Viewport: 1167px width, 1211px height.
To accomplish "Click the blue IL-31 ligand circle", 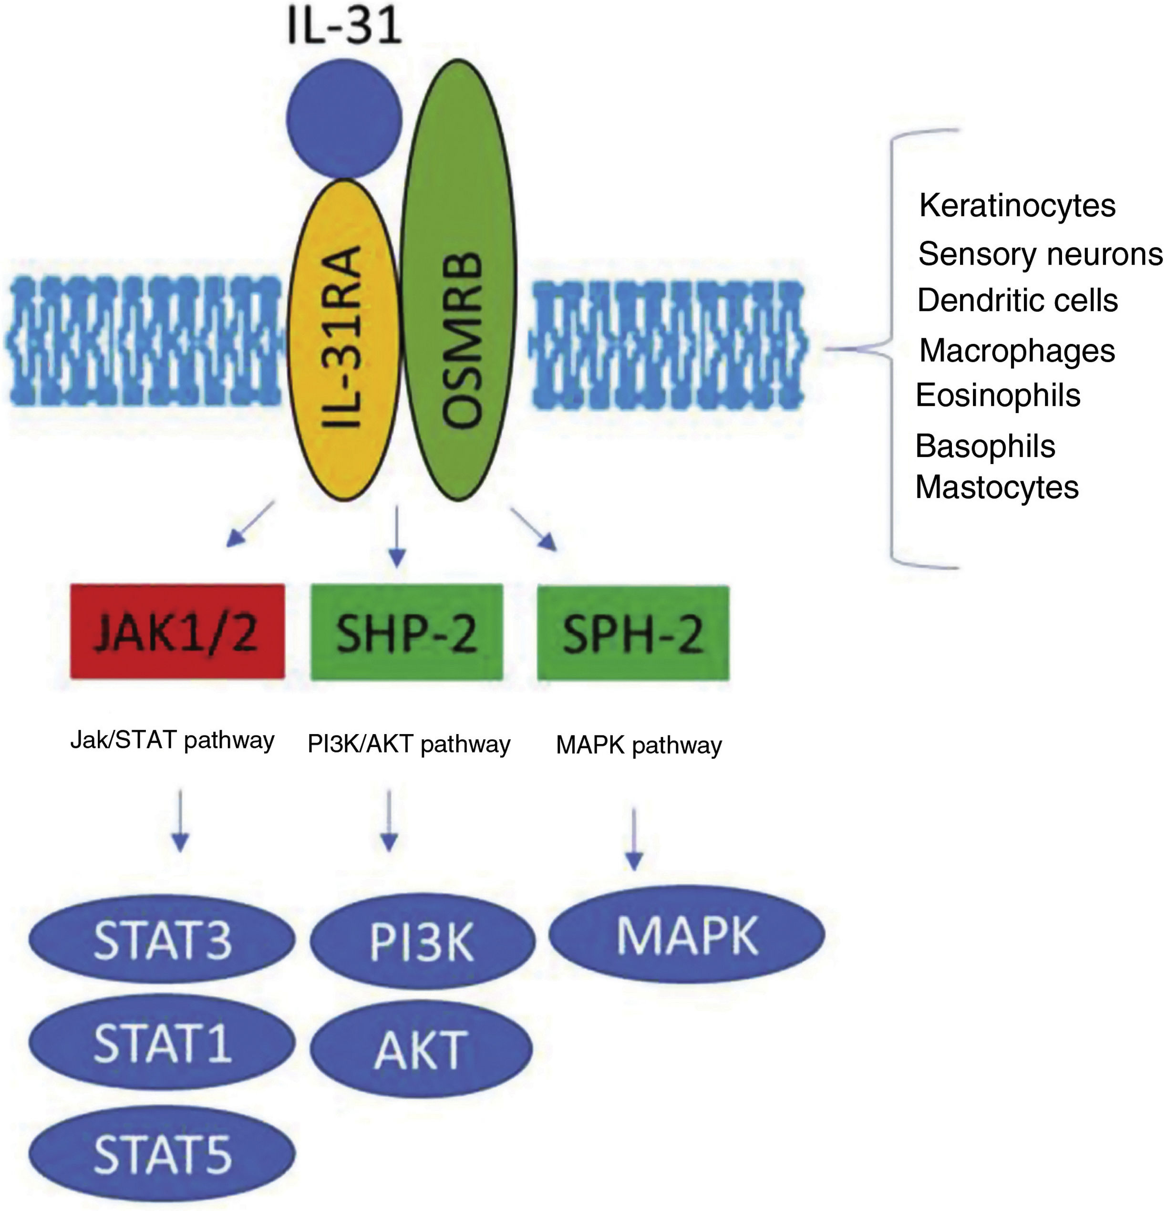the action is coord(344,119).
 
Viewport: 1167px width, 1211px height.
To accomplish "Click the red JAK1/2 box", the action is coord(177,631).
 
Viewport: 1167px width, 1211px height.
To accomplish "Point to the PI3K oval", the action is coord(422,942).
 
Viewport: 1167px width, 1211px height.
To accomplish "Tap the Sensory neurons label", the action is coord(1040,254).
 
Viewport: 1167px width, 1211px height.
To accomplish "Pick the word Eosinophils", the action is coord(998,395).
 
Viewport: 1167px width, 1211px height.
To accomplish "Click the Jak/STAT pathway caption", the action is coord(172,740).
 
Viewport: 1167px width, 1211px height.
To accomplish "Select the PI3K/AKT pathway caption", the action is coord(409,745).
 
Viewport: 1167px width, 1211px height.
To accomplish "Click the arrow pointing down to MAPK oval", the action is coord(634,839).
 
